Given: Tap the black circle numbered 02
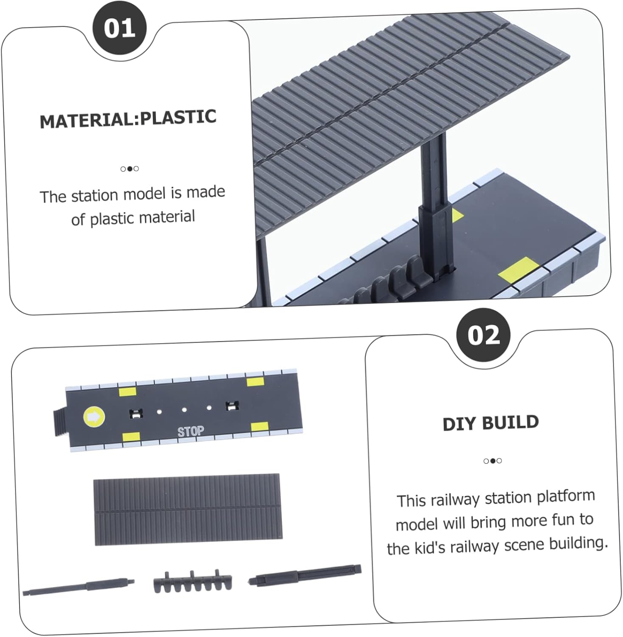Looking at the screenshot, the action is coord(484,335).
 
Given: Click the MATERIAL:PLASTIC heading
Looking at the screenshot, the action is coord(128,118).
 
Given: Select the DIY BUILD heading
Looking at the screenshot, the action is coord(491,423).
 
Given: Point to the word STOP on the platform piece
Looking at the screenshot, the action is coord(191,431).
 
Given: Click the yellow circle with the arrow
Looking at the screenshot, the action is coord(94,417).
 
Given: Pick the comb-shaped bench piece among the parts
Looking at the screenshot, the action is coord(193,581).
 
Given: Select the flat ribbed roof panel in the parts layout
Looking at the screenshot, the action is coord(188,509).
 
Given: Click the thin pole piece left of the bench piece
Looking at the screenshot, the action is coord(79,586).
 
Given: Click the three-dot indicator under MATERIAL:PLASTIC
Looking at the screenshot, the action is coord(130,169).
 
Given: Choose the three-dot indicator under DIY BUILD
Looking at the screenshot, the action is coord(493,461).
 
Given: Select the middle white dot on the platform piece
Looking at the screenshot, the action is coord(184,410).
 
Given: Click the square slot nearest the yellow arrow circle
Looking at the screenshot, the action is coord(135,413).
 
